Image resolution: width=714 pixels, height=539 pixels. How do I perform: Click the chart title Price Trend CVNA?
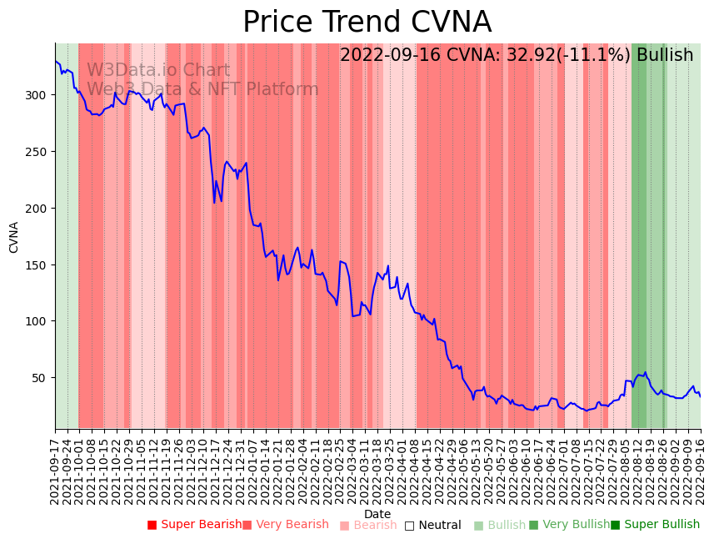tap(367, 23)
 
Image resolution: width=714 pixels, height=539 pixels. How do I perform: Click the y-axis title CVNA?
tap(14, 237)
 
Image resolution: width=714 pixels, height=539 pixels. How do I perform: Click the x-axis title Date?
tap(377, 515)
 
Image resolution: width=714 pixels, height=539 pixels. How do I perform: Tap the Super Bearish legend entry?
tap(194, 525)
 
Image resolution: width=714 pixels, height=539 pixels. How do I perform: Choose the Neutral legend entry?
tap(432, 526)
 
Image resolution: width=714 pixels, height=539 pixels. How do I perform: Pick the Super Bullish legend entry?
tap(656, 525)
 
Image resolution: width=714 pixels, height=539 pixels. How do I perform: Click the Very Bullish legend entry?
tap(569, 525)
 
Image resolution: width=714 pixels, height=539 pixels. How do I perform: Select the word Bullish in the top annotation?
tap(665, 56)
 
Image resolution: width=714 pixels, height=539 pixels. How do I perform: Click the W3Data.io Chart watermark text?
tap(158, 71)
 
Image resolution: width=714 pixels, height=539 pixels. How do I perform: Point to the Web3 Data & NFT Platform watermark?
tap(202, 89)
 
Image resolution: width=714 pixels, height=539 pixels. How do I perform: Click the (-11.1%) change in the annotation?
tap(592, 56)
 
